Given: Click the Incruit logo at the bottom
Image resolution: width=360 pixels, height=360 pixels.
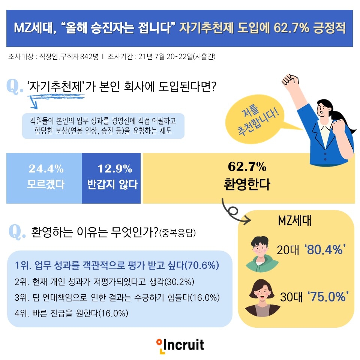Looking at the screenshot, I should pos(180,345).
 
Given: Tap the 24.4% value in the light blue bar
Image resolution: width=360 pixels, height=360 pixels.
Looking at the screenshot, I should pos(46,169).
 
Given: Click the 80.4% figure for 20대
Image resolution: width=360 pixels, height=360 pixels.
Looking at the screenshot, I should pos(325,250).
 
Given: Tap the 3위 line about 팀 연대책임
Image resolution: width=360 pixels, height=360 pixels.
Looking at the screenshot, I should pos(117,297).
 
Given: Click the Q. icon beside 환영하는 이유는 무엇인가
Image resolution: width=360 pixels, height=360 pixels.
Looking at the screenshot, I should pos(17,232).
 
